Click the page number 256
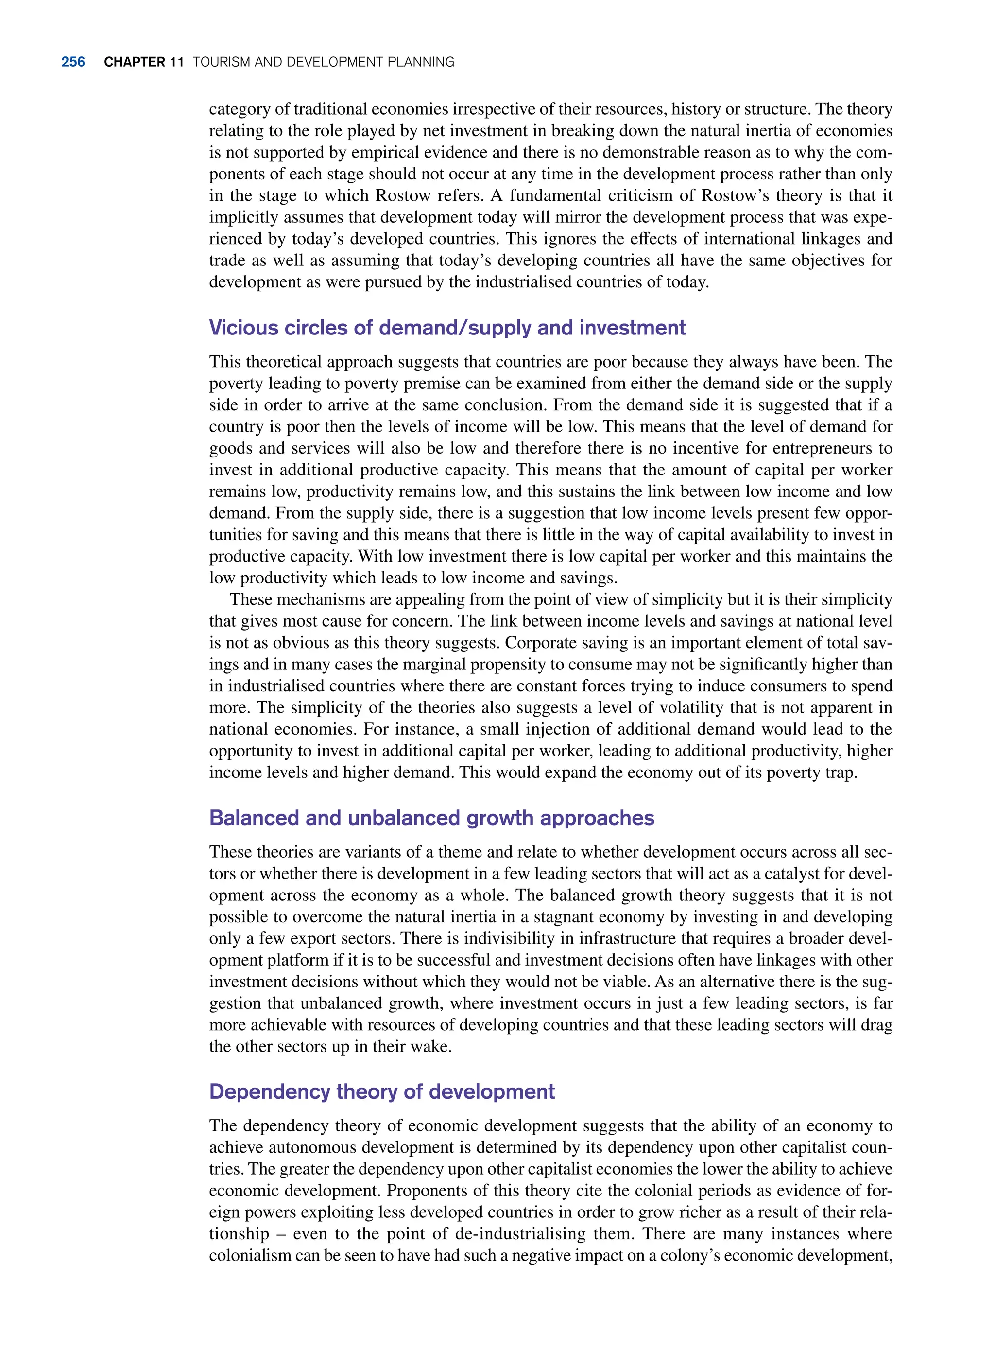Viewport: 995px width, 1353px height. pyautogui.click(x=73, y=62)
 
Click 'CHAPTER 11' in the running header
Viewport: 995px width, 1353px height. pyautogui.click(x=143, y=62)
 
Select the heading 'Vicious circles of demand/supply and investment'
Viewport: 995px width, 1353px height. pyautogui.click(x=447, y=327)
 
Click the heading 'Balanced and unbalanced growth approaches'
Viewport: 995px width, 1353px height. pyautogui.click(x=431, y=818)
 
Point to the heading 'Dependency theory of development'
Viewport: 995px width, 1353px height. pyautogui.click(x=382, y=1091)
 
